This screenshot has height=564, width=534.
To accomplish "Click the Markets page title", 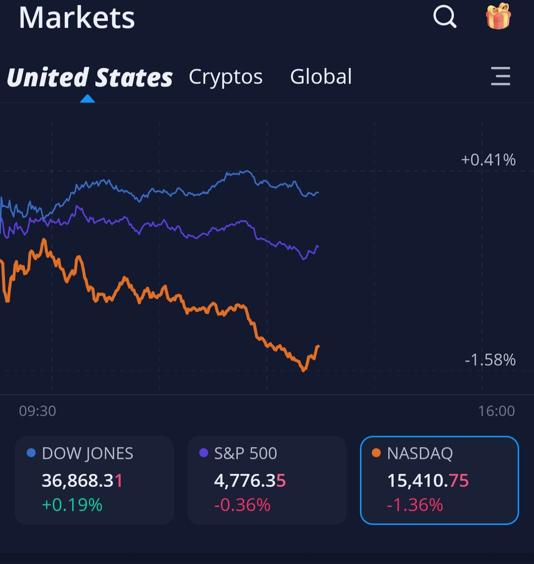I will tap(77, 18).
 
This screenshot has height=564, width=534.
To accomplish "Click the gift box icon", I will tap(498, 16).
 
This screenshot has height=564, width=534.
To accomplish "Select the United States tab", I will tap(90, 78).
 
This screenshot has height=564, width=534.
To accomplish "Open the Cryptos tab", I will tap(225, 77).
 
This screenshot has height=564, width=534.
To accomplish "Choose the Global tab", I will tap(321, 77).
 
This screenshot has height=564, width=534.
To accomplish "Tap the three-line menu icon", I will tap(500, 77).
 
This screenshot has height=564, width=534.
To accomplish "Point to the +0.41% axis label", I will tap(488, 160).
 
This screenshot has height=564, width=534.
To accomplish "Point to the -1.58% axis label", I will tap(490, 360).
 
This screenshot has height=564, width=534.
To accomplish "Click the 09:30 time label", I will tap(38, 411).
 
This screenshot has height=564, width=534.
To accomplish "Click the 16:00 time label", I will tap(496, 411).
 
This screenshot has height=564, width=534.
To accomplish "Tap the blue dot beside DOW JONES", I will tap(31, 453).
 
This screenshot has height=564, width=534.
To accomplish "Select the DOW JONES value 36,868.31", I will tap(82, 480).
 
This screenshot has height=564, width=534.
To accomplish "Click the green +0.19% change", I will tap(72, 505).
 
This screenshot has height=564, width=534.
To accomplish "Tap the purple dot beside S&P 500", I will tap(203, 453).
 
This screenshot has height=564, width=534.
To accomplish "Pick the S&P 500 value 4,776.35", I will tap(250, 480).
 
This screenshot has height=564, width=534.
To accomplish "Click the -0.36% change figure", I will tap(242, 505).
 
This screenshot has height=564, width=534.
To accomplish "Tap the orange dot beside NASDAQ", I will tap(376, 453).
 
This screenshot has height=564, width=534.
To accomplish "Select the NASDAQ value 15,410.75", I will tap(428, 480).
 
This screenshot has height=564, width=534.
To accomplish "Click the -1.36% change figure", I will tap(415, 505).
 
